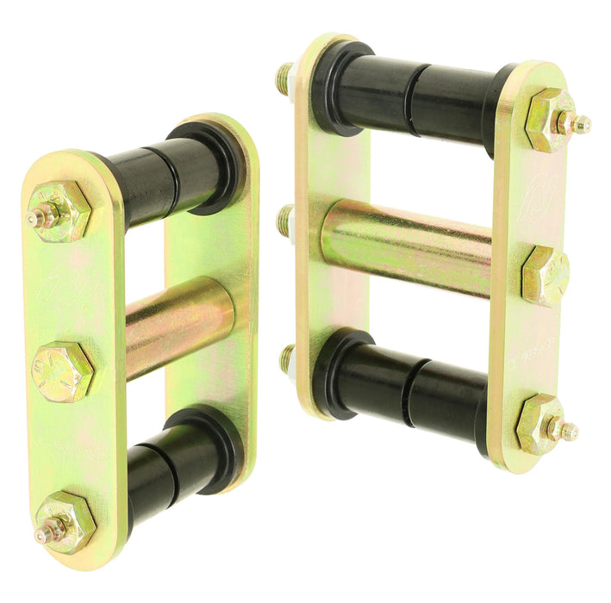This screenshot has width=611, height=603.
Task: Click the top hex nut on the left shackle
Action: coord(59,211)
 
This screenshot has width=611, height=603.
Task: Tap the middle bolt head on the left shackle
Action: coord(62,371)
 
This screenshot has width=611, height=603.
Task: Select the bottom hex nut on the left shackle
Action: coord(65,522)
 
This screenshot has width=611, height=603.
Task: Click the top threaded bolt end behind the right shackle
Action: coord(285,79)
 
